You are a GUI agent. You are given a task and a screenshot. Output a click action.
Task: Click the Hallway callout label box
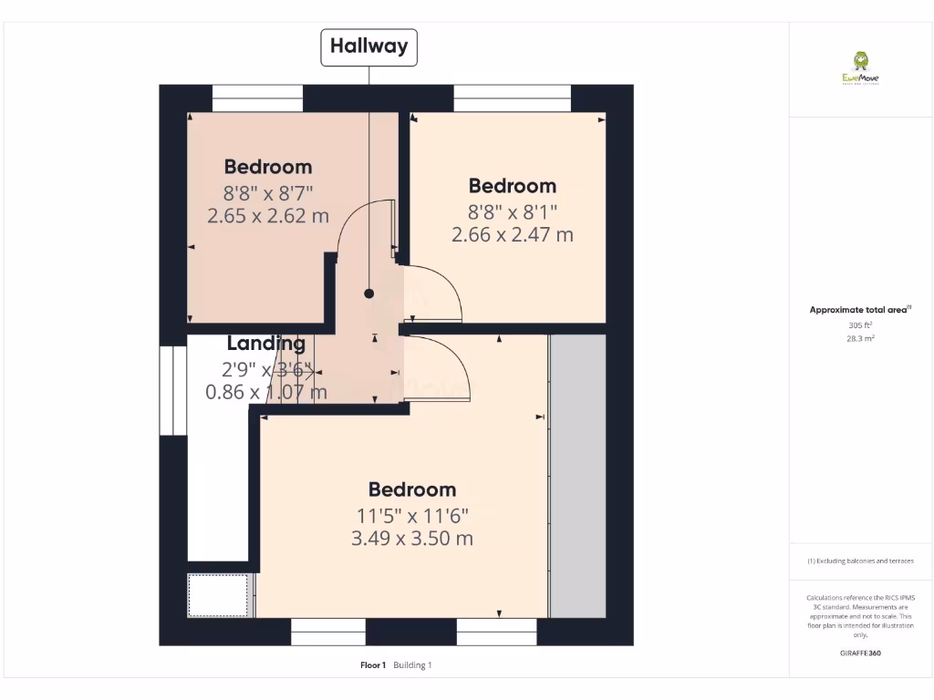(x=368, y=47)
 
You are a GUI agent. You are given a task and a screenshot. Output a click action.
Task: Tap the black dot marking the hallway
(x=368, y=293)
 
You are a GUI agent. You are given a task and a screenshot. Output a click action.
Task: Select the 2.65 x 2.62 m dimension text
(x=268, y=216)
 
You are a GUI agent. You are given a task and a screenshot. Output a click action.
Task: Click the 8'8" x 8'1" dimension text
(x=512, y=211)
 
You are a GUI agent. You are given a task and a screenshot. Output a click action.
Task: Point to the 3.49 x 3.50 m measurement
(x=412, y=538)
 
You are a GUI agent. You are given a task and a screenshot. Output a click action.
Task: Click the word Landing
(x=266, y=344)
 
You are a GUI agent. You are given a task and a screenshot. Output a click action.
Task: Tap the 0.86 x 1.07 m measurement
(x=266, y=393)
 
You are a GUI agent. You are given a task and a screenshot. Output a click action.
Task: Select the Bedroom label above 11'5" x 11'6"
(x=412, y=489)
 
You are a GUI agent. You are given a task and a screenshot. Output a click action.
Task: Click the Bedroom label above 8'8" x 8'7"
(x=268, y=167)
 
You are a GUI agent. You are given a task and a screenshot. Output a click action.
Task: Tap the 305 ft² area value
(x=860, y=324)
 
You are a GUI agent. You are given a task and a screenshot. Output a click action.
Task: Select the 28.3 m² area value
(x=860, y=338)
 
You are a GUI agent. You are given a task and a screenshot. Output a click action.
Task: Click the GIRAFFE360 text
(x=860, y=654)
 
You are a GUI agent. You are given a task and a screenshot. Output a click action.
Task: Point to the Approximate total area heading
(x=859, y=310)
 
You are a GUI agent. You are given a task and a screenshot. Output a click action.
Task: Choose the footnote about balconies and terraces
(x=860, y=561)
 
